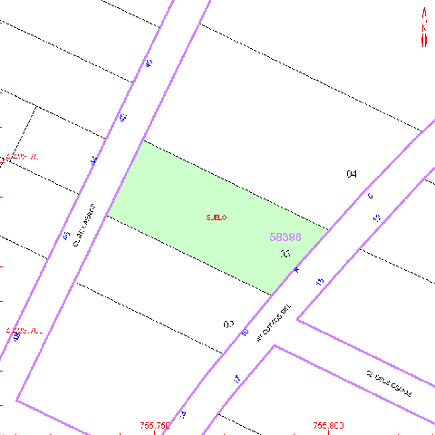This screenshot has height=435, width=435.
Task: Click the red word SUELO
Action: (216, 217)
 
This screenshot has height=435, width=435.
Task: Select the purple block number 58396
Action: (285, 237)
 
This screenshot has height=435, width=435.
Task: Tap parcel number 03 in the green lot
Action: (285, 255)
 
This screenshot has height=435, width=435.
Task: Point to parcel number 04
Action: (352, 173)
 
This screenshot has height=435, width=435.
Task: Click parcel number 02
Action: (228, 324)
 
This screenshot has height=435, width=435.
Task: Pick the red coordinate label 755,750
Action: (155, 425)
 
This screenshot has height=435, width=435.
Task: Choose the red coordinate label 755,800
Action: (329, 425)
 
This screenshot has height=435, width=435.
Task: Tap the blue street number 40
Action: (149, 63)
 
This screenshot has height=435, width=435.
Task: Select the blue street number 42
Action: (122, 118)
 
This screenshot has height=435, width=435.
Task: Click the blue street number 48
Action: (17, 336)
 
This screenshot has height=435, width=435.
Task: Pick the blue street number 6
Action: (370, 196)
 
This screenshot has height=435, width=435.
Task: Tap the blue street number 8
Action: (295, 270)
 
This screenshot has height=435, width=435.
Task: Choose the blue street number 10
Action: (244, 333)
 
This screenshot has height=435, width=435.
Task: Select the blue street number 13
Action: (376, 218)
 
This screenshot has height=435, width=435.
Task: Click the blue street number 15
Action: (319, 283)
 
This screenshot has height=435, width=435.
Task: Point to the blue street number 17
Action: (237, 379)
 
